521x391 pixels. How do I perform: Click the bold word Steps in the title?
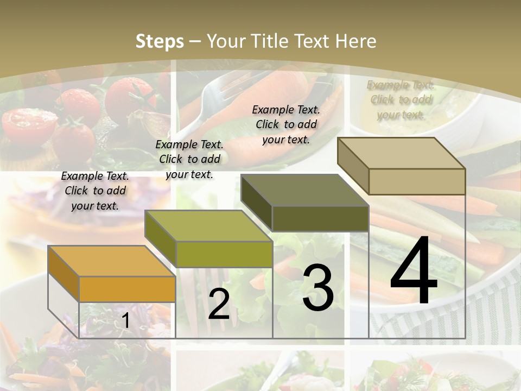[160, 41]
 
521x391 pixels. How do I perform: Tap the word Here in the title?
[355, 41]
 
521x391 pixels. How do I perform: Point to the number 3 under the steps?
[317, 288]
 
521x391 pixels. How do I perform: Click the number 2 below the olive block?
[219, 304]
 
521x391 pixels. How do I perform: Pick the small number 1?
[125, 321]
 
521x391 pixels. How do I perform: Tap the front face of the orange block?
[127, 289]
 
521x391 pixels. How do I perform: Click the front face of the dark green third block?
[320, 219]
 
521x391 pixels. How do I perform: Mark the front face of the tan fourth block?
[416, 181]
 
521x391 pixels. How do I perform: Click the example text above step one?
[95, 191]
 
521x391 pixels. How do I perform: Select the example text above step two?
[189, 159]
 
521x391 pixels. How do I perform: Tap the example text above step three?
[286, 124]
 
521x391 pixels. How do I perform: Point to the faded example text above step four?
[401, 100]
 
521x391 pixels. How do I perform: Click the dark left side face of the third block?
[256, 203]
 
